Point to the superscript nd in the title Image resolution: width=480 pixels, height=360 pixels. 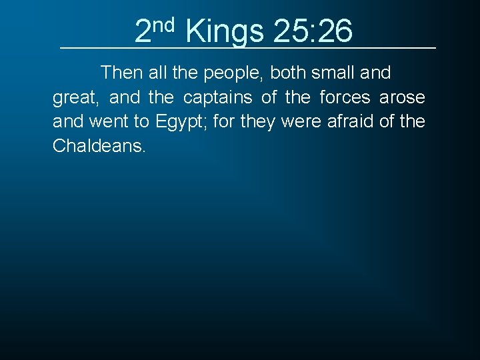[163, 25]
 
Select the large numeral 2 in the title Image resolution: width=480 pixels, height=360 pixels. [143, 31]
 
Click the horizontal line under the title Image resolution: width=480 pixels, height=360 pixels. [247, 48]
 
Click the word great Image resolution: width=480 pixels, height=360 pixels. [75, 99]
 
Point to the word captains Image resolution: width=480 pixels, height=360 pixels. [218, 98]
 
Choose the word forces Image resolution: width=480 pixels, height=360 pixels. [345, 98]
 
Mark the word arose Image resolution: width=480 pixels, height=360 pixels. [402, 98]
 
